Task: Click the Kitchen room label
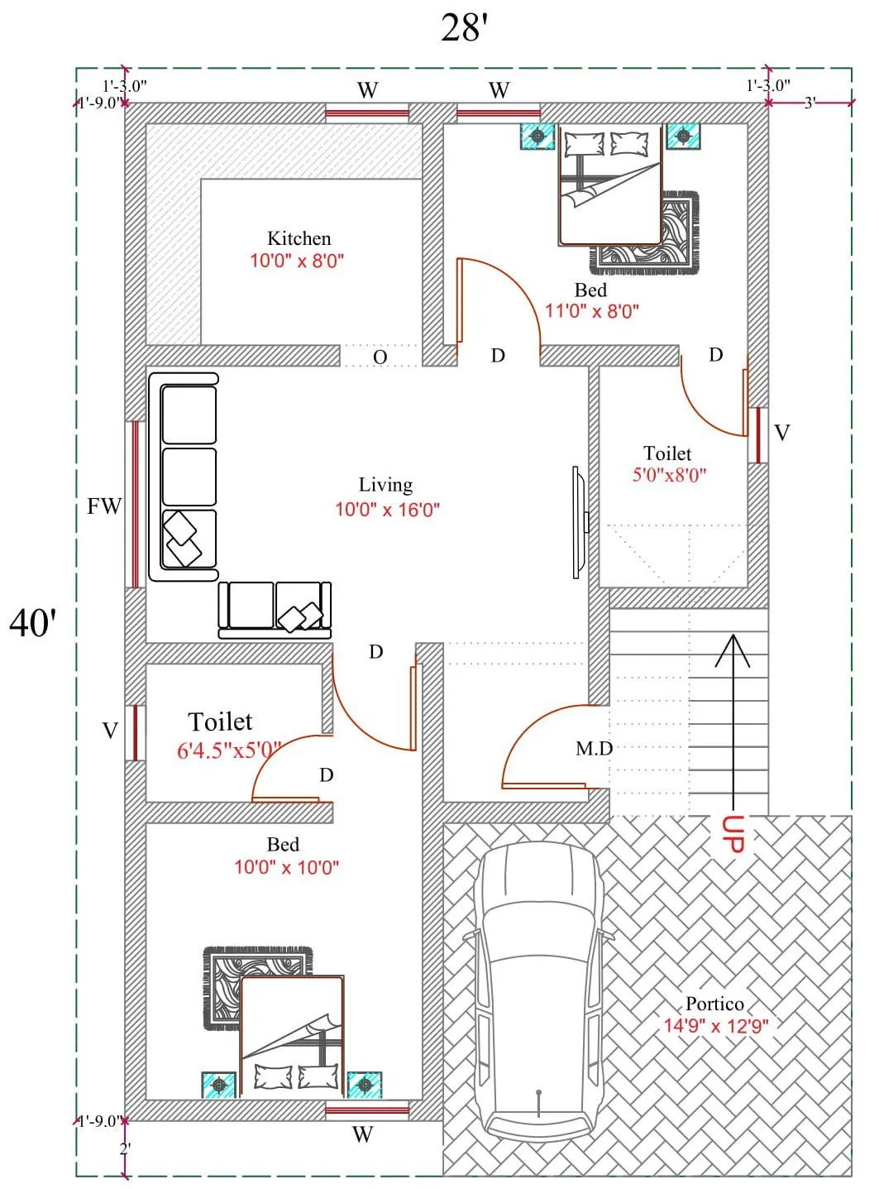coord(299,238)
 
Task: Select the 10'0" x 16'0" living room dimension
coord(387,510)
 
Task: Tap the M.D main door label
coord(594,749)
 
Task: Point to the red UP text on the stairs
coord(733,834)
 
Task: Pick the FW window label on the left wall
coord(104,506)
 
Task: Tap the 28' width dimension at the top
coord(465,28)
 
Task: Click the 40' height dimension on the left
coord(33,622)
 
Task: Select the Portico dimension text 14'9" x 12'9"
coord(716,1026)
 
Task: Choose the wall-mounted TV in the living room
coord(578,522)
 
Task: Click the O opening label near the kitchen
coord(380,357)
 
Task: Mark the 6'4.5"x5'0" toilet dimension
coord(229,751)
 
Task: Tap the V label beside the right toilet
coord(781,433)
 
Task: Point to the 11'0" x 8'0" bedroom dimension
coord(592,312)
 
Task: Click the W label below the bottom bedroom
coord(362,1134)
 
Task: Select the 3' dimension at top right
coord(810,103)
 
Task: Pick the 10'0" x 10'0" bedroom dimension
coord(286,867)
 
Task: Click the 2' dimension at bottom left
coord(125,1148)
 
